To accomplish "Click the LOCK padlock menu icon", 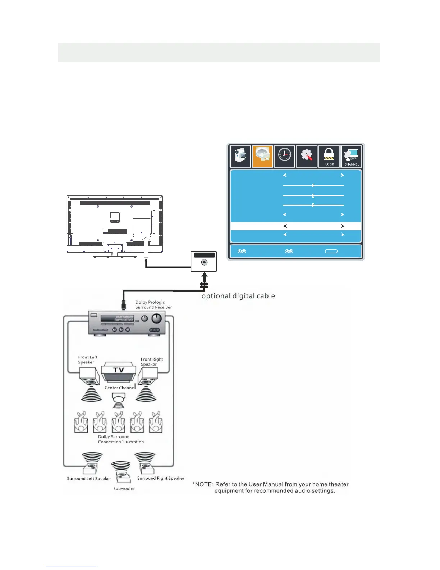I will pyautogui.click(x=329, y=157).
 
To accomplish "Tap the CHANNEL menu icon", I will pyautogui.click(x=351, y=157).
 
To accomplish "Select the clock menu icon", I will pyautogui.click(x=285, y=157).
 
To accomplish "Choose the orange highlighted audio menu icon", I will pyautogui.click(x=263, y=157).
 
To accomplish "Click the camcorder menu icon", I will pyautogui.click(x=240, y=157).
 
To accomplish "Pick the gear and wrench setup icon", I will pyautogui.click(x=307, y=157).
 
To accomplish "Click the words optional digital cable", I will pyautogui.click(x=238, y=296).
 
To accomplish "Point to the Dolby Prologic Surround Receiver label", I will pyautogui.click(x=153, y=305).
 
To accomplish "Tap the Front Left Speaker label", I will pyautogui.click(x=88, y=360).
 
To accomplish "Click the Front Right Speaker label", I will pyautogui.click(x=152, y=362).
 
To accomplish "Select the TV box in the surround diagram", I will pyautogui.click(x=119, y=371).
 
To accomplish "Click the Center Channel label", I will pyautogui.click(x=120, y=388).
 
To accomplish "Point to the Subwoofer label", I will pyautogui.click(x=124, y=488).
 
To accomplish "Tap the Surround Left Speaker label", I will pyautogui.click(x=89, y=478).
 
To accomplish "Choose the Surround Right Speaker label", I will pyautogui.click(x=161, y=478).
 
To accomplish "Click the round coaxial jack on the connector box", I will pyautogui.click(x=204, y=262).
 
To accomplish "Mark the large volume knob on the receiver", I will pyautogui.click(x=157, y=318).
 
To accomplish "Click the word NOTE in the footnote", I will pyautogui.click(x=204, y=484).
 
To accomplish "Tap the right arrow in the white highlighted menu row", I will pyautogui.click(x=343, y=226).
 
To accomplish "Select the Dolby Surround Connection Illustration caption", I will pyautogui.click(x=121, y=439).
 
